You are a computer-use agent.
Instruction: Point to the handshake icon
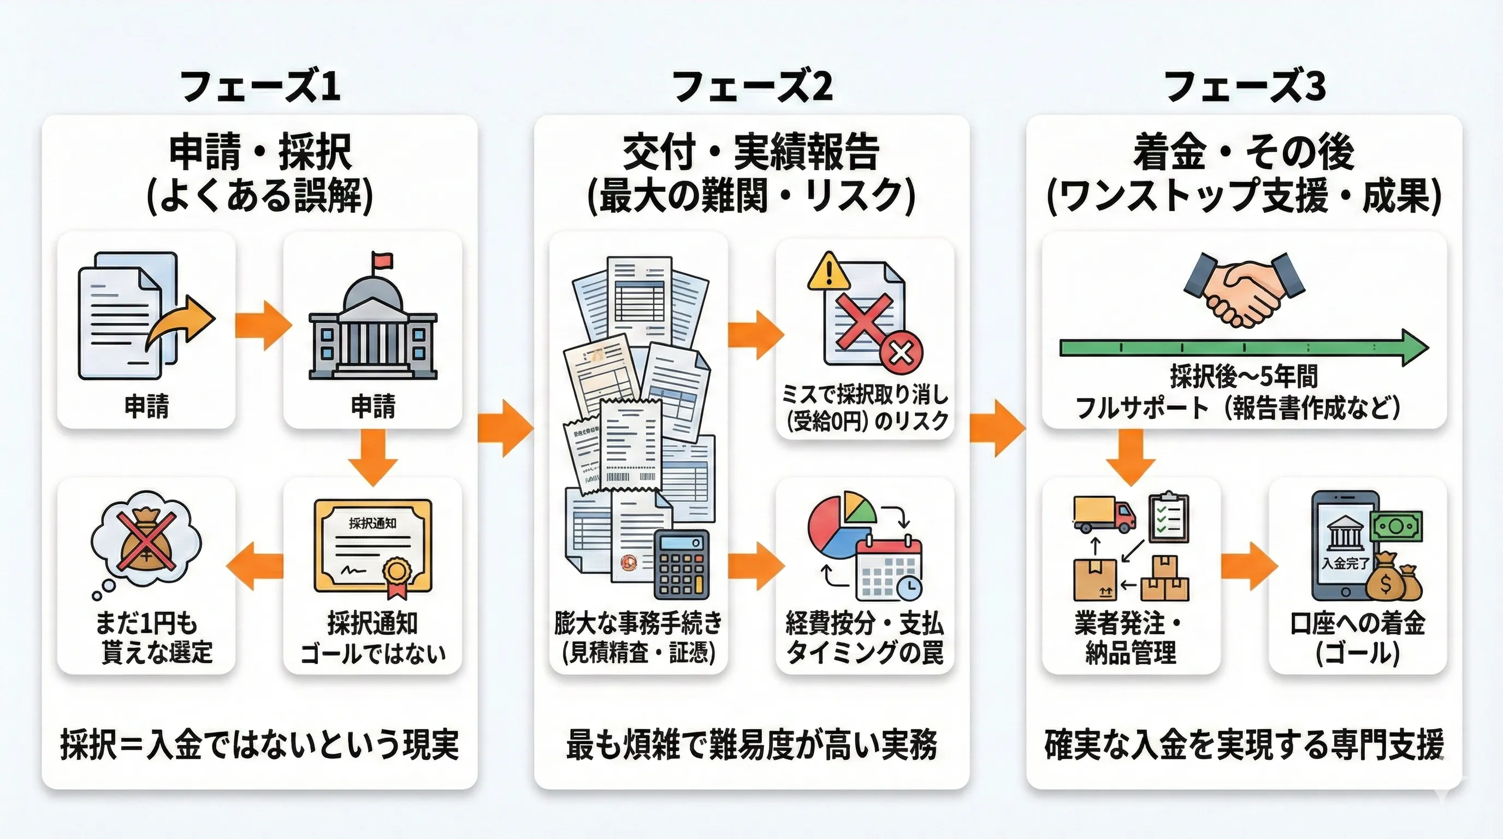pyautogui.click(x=1244, y=289)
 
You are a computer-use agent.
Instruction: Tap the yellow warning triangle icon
pyautogui.click(x=829, y=272)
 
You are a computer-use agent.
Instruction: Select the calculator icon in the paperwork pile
pyautogui.click(x=682, y=564)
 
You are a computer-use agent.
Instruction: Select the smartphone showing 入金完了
pyautogui.click(x=1345, y=546)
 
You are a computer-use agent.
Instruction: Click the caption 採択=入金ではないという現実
pyautogui.click(x=259, y=745)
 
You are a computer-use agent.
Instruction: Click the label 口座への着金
pyautogui.click(x=1358, y=623)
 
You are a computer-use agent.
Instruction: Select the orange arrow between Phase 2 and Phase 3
pyautogui.click(x=997, y=428)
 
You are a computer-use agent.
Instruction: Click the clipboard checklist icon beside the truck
pyautogui.click(x=1168, y=518)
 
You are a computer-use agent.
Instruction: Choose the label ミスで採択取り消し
pyautogui.click(x=865, y=395)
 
